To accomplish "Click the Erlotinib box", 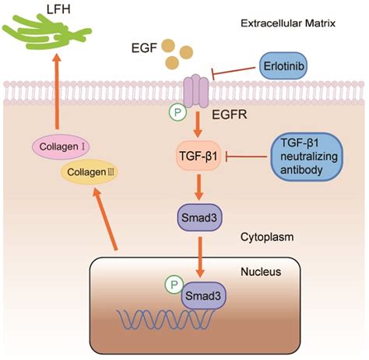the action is tap(283, 66).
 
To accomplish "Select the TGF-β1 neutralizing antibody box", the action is tap(307, 157).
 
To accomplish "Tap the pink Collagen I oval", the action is tap(61, 146).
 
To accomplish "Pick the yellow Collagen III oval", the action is tap(90, 172).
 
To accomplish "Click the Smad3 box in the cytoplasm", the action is tap(199, 217).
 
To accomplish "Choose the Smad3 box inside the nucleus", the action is tap(203, 295).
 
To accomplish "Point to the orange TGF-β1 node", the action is tap(199, 156).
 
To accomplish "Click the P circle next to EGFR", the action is tap(177, 112).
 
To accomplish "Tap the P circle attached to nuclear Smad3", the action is tap(174, 284).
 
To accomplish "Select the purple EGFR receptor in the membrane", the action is tap(196, 91).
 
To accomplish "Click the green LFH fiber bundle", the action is tap(47, 33).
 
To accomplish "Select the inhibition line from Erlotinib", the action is tap(234, 72).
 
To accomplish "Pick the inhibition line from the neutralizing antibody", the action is tap(246, 157).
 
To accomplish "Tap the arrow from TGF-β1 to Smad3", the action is tap(199, 187).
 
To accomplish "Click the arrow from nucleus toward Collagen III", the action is tap(106, 220).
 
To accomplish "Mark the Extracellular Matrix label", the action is tap(288, 23).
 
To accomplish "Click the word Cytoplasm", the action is tap(267, 237).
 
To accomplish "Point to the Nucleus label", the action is tap(261, 272).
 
